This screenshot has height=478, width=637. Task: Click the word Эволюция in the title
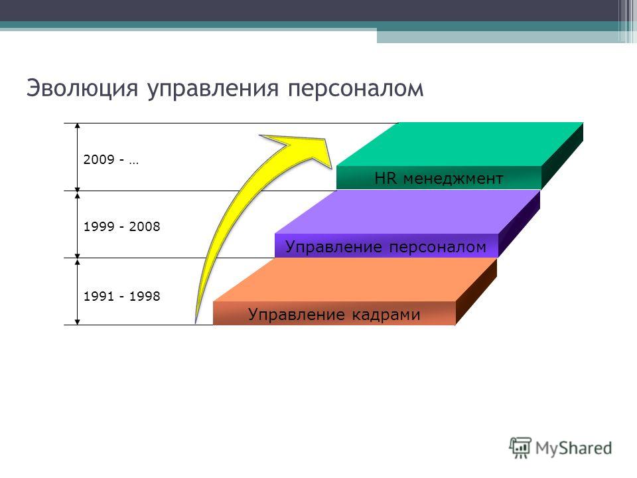[x=82, y=88]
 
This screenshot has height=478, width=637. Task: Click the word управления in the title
[x=213, y=88]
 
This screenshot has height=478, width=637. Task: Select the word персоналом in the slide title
[x=356, y=88]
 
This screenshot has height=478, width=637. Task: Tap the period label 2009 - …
[x=111, y=159]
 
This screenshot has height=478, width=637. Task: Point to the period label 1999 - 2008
[x=121, y=226]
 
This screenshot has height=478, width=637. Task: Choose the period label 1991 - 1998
[x=121, y=296]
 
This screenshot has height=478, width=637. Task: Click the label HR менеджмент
[x=439, y=179]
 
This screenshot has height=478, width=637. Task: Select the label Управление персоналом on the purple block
[x=386, y=247]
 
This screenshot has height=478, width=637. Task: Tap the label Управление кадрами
[x=334, y=315]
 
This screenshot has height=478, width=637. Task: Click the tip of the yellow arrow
[x=332, y=167]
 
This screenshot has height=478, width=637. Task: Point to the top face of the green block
[x=460, y=144]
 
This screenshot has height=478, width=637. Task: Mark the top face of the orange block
[x=355, y=280]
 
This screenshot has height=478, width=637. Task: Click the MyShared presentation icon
[x=520, y=447]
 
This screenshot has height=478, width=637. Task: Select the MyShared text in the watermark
[x=573, y=448]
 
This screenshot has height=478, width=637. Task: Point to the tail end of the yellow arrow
[x=196, y=322]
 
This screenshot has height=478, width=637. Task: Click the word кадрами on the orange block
[x=386, y=315]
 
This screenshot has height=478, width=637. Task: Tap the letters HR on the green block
[x=385, y=178]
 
